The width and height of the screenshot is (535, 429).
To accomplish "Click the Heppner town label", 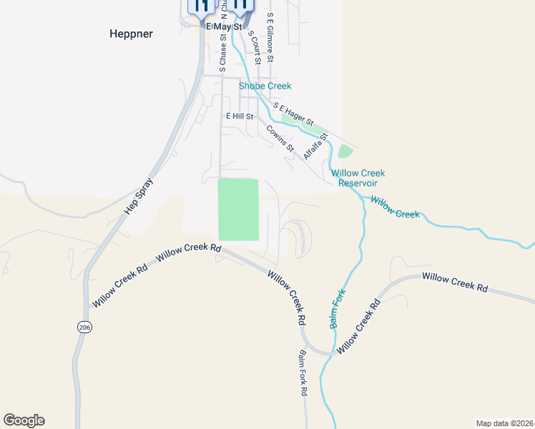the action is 132,34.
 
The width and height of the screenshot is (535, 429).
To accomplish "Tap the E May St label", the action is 225,26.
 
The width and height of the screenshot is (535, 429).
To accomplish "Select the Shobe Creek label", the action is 265,86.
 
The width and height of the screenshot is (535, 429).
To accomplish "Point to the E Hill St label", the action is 240,116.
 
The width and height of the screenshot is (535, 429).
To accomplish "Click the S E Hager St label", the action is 293,114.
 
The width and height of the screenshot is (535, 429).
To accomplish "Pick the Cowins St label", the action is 280,139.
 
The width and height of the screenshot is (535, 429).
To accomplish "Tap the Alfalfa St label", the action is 315,146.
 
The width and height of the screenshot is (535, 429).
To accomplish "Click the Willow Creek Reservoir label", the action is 358,178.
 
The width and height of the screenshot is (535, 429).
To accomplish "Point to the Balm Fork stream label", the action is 338,308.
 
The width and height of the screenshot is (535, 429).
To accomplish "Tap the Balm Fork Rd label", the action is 303,373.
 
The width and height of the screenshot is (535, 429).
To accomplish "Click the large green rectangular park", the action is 237,209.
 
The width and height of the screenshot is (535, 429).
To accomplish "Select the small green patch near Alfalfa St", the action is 345,152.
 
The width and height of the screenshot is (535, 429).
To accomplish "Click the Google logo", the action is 24,420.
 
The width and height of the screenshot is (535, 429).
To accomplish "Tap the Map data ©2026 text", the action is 504,423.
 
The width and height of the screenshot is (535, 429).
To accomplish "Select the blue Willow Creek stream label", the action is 395,209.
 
